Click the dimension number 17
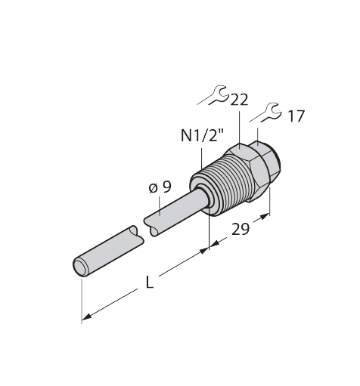coord(296,116)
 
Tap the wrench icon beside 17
coord(265,113)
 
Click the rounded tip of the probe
coord(79,267)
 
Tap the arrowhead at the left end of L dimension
coord(85,317)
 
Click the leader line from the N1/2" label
coord(203,154)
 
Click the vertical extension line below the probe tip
coord(80,298)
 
